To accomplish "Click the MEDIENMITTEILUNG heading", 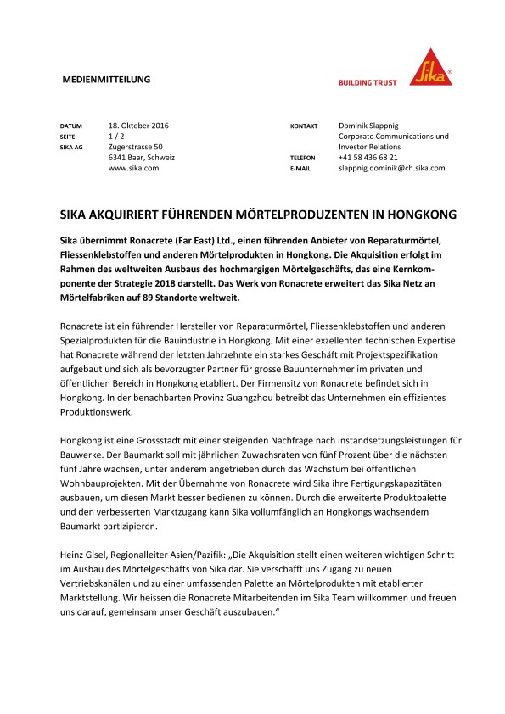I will coord(107,80).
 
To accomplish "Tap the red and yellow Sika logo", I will coord(431,66).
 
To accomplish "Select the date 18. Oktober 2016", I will coord(139,126).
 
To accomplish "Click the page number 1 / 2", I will coord(117,136).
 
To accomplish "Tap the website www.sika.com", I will coord(133,168).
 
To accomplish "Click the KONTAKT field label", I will coord(304,126).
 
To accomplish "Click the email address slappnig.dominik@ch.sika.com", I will coord(391,168).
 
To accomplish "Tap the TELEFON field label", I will coord(303,158).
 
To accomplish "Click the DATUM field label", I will coord(71,126).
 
